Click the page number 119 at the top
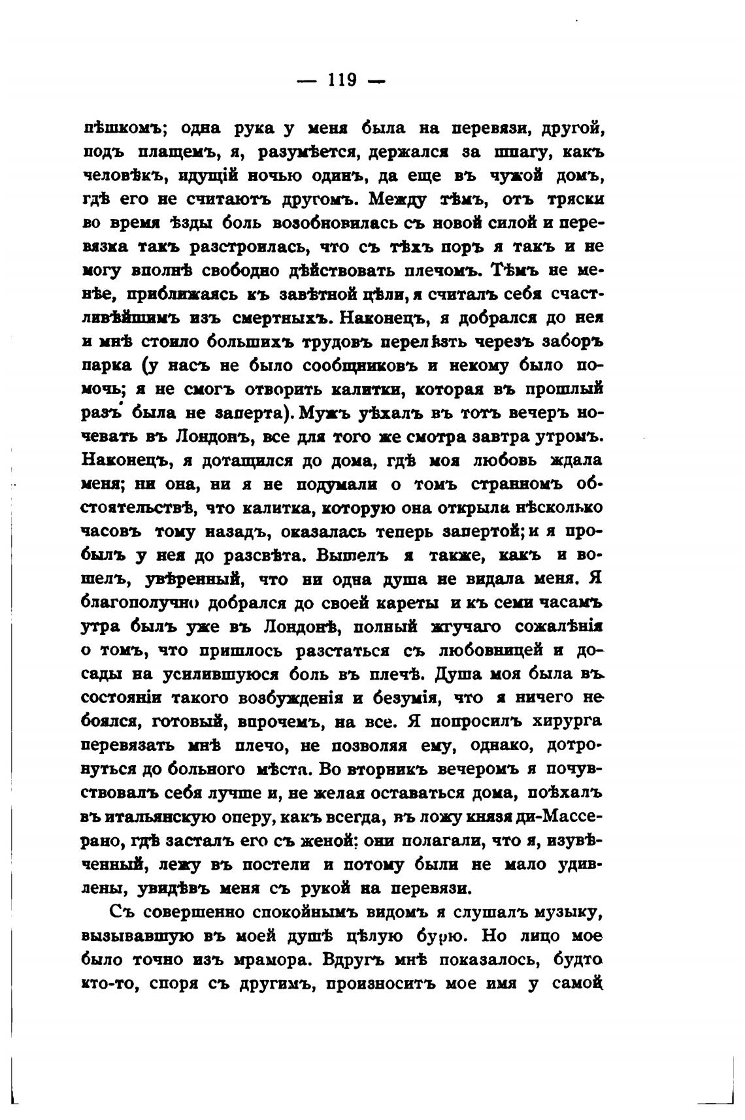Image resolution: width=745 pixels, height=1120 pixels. coord(341,80)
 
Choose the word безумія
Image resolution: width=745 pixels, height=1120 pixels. coord(402,698)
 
